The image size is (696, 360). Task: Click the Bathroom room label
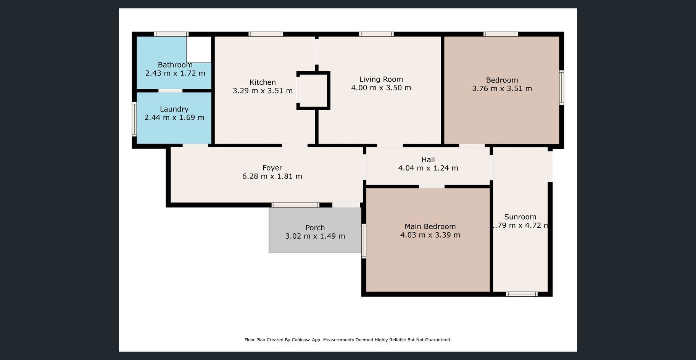(175, 65)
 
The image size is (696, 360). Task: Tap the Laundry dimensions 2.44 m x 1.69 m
(174, 117)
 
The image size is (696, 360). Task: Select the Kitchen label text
(263, 82)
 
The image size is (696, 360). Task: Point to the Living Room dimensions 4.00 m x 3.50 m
(381, 88)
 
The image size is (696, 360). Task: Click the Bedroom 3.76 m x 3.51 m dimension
(502, 88)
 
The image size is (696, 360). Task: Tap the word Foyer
(272, 168)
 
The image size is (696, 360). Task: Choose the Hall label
(428, 159)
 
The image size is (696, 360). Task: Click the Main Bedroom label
(430, 227)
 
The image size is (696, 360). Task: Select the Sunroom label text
(520, 217)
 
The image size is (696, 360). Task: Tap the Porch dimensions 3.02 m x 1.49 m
(315, 236)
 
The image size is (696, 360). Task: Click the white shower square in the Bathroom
(199, 50)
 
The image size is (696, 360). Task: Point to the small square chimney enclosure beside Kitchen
(313, 91)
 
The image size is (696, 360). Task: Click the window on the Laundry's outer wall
(134, 119)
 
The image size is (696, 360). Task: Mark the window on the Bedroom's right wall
(562, 87)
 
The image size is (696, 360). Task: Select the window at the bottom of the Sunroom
(522, 294)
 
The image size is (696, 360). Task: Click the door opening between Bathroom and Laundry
(171, 91)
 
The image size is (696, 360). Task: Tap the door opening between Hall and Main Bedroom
(432, 186)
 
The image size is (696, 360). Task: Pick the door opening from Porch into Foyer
(346, 205)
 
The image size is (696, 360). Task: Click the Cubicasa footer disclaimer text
(348, 340)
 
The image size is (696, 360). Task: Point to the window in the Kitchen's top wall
(266, 34)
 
